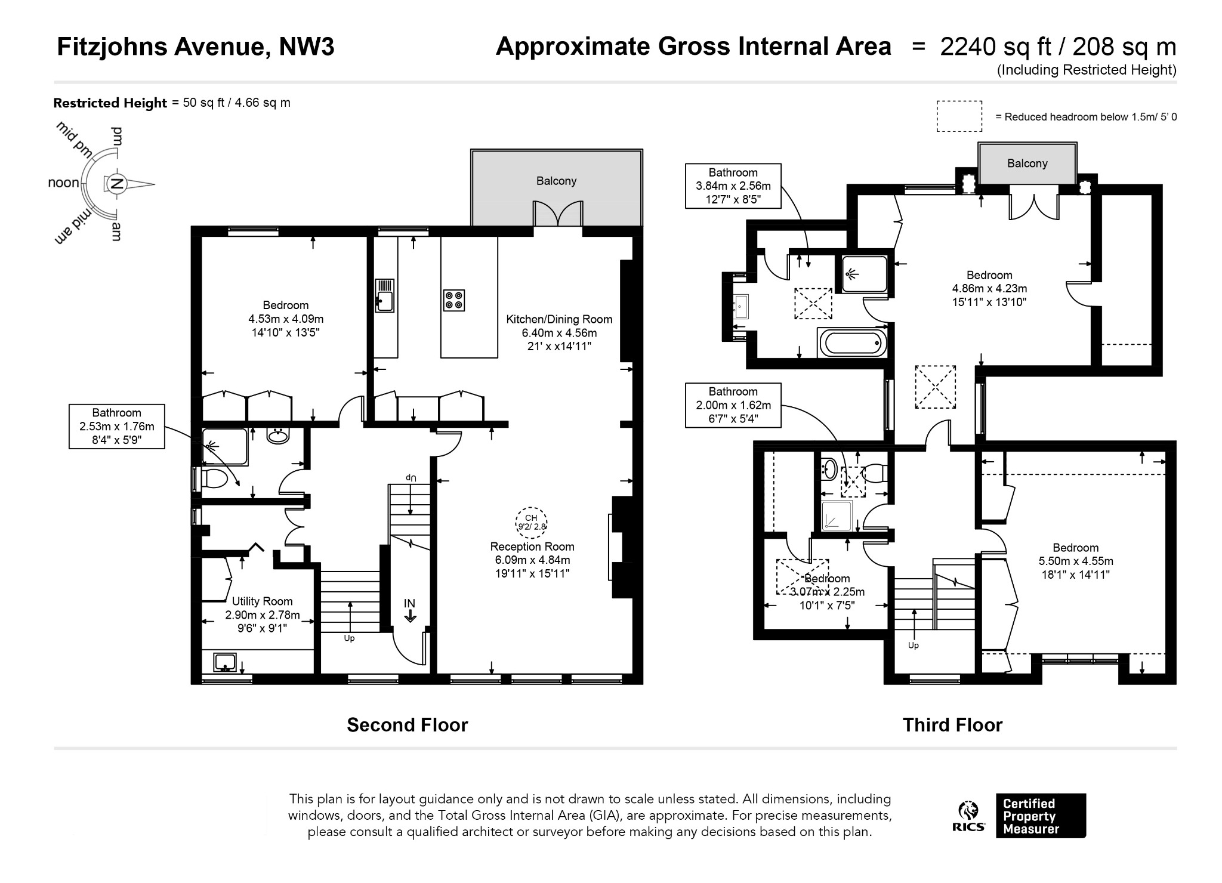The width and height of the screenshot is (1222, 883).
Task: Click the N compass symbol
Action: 117,184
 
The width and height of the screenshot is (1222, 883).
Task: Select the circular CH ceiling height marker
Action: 531,523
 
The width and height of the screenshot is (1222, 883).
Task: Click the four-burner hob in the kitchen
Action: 454,300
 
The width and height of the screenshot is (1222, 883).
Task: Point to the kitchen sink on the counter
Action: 385,295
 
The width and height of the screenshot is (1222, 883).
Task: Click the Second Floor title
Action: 408,725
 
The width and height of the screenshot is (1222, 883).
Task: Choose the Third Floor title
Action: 952,725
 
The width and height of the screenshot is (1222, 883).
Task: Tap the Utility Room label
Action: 262,601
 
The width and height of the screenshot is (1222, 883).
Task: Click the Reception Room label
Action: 532,547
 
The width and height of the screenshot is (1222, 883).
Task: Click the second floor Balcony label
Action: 556,181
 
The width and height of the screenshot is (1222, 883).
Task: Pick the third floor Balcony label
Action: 1027,163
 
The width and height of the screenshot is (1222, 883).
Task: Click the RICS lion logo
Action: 968,816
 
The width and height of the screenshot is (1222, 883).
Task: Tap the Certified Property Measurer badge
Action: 1041,816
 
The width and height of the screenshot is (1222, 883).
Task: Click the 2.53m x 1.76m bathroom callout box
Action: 117,427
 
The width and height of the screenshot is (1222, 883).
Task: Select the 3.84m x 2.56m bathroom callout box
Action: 733,186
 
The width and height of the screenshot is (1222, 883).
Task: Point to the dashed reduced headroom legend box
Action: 959,116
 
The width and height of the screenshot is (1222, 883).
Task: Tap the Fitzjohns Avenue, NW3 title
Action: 196,47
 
